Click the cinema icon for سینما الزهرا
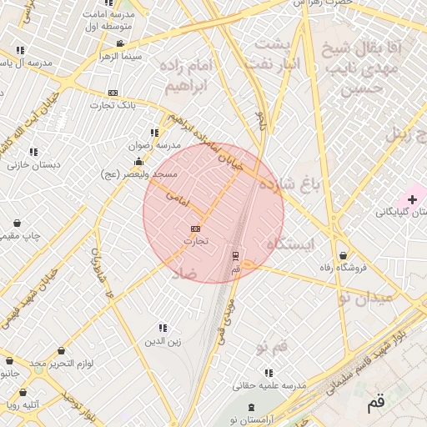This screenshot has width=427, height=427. pos(121,43)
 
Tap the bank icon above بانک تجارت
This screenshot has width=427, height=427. pos(113,93)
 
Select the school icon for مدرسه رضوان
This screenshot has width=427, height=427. pos(154,133)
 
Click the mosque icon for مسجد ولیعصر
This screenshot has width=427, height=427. pos(138,161)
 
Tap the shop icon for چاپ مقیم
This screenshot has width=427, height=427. pos(18,224)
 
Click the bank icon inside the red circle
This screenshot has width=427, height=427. pos(196,228)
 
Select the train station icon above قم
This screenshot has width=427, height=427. pos(235,255)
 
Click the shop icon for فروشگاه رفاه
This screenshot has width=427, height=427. pos(343,255)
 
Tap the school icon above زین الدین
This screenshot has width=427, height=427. pos(163,328)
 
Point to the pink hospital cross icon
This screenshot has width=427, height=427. pos(412,199)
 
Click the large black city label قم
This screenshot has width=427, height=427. pos(376,404)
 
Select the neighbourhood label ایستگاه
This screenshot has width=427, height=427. pos(290,244)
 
